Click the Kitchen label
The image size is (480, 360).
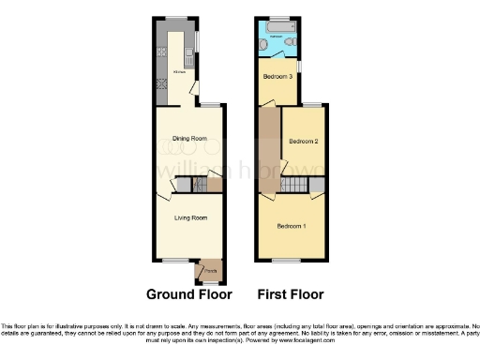point(178,71)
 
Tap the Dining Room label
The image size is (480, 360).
point(189,139)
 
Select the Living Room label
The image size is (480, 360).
point(190,217)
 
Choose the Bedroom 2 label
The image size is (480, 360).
point(305,142)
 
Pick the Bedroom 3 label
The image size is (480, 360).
point(277,77)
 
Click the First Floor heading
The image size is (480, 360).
point(292,294)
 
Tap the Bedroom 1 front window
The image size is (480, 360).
point(289,260)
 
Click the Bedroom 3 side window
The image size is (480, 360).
point(299,64)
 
